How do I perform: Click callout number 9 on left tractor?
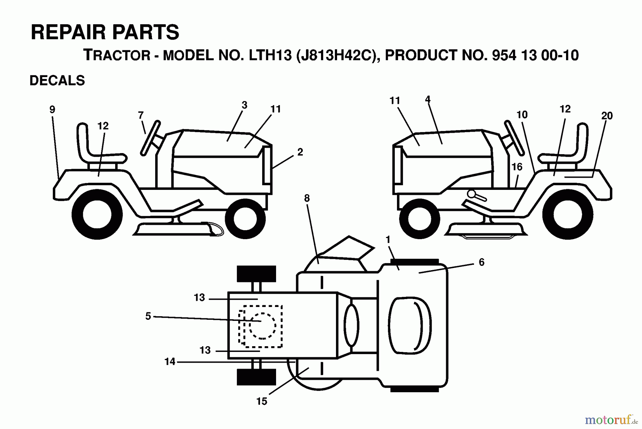click(52, 110)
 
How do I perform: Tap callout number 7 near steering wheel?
click(141, 115)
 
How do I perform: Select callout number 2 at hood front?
click(300, 152)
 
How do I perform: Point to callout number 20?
click(607, 116)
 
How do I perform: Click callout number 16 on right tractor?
click(517, 167)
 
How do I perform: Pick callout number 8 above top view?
click(307, 198)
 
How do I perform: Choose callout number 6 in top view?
click(481, 262)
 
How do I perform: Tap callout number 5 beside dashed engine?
click(148, 316)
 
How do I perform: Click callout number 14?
click(170, 362)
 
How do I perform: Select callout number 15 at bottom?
click(261, 402)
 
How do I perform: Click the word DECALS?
click(57, 81)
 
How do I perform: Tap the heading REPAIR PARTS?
click(105, 32)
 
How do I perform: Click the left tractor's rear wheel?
click(97, 215)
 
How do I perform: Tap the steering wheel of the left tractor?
click(150, 138)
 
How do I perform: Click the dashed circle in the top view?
click(262, 326)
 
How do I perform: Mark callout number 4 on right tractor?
click(428, 99)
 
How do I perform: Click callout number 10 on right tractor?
click(522, 115)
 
